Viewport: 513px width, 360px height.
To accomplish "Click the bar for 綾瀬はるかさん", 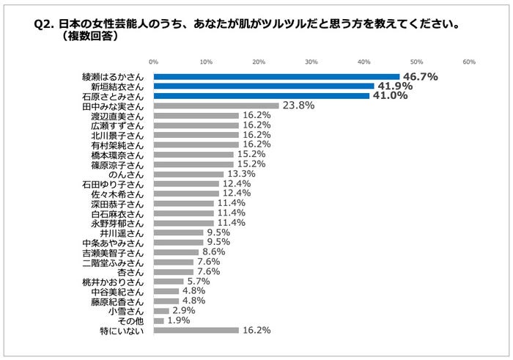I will pyautogui.click(x=276, y=76).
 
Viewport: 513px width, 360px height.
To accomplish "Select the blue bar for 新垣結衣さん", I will pyautogui.click(x=264, y=86).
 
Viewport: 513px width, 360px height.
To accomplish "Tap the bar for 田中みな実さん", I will pyautogui.click(x=216, y=106).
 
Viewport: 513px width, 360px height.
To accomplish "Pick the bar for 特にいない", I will pyautogui.click(x=196, y=330).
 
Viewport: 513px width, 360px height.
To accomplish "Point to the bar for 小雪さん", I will pyautogui.click(x=161, y=311).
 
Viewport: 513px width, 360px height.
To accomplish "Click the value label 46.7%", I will pyautogui.click(x=420, y=76).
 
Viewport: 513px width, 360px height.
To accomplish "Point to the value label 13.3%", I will pyautogui.click(x=242, y=174).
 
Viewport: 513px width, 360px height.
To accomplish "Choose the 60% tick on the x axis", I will pyautogui.click(x=469, y=62).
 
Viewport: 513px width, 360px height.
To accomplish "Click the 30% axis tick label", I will pyautogui.click(x=311, y=62).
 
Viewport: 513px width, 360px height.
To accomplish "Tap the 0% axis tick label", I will pyautogui.click(x=153, y=62).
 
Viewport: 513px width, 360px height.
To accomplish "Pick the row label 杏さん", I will pyautogui.click(x=134, y=271).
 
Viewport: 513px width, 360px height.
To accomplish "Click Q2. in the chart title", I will pyautogui.click(x=46, y=24).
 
